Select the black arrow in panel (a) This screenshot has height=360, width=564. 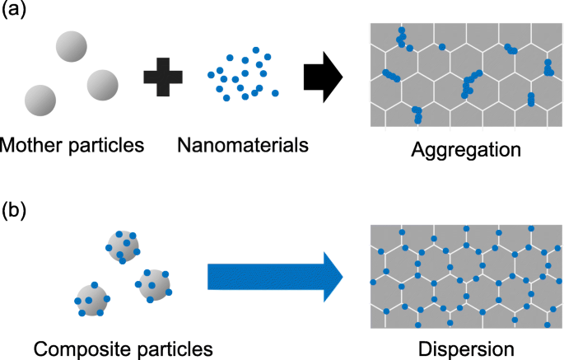[x=322, y=77]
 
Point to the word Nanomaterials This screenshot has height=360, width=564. [x=242, y=146]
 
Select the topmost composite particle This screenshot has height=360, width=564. [x=124, y=245]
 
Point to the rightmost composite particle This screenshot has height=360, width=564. [x=153, y=284]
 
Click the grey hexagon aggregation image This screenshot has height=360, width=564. [x=466, y=74]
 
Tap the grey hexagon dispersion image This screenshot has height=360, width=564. [x=466, y=274]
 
